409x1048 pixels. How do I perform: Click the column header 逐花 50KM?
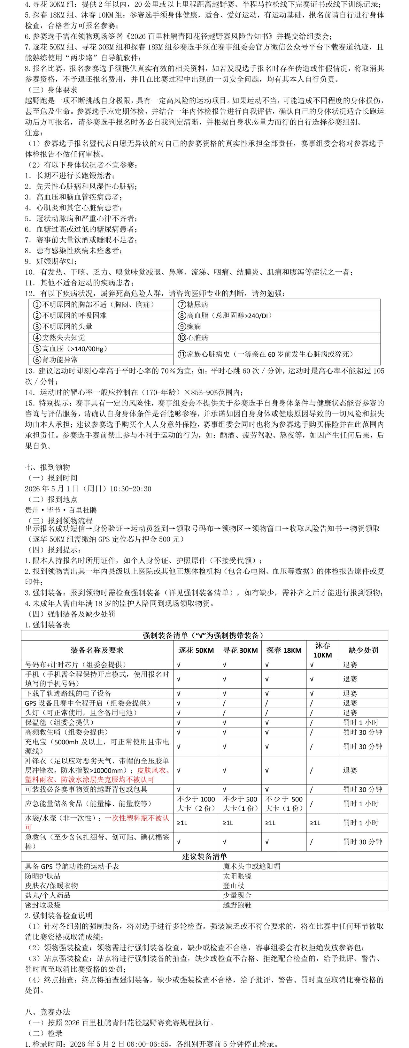(x=196, y=650)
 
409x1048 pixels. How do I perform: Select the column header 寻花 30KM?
(x=241, y=650)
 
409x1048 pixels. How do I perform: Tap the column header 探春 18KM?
(x=284, y=650)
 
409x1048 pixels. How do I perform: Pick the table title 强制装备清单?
(x=204, y=635)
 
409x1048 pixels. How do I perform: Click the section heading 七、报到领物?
(x=47, y=467)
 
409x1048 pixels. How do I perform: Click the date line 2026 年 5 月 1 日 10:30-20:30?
(x=88, y=489)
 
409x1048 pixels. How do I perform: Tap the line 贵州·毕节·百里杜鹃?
(x=61, y=510)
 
